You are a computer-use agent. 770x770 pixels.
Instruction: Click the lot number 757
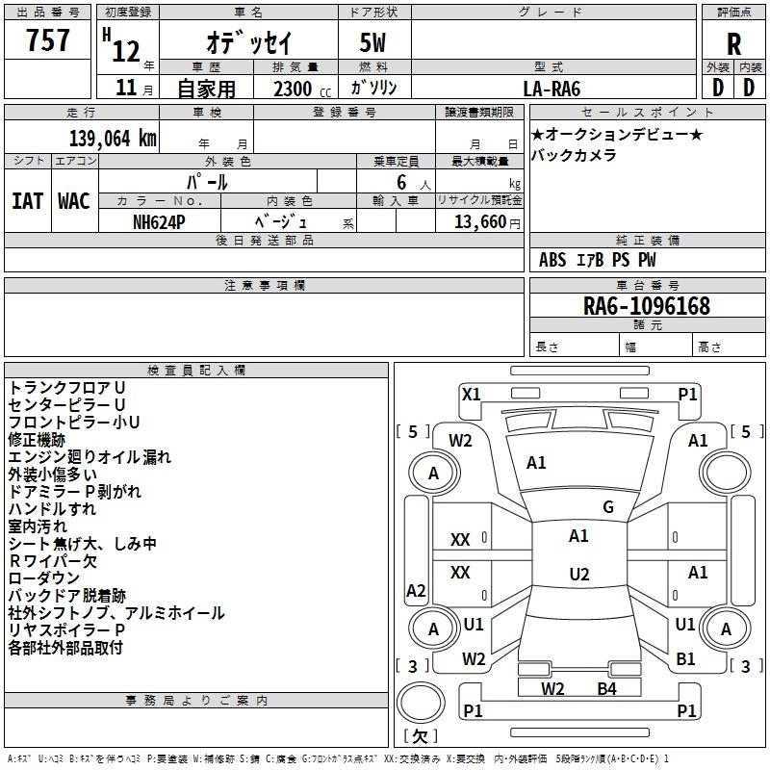coord(47,39)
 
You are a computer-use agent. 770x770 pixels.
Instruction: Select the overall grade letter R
coord(733,44)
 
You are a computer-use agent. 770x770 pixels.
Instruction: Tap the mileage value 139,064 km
coord(113,139)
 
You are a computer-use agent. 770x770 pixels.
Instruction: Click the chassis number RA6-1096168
coord(647,306)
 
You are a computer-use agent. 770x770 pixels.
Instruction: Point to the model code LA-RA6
coord(552,89)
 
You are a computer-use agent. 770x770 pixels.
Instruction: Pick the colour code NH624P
coord(159,222)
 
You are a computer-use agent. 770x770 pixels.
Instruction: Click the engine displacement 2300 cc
coord(302,90)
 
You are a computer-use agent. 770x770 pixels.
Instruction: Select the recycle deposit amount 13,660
coord(480,222)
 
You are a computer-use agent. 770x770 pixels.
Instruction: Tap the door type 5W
coord(372,42)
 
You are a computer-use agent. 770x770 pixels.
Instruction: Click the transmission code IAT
coord(28,201)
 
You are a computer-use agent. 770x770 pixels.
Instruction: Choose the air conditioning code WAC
coord(74,201)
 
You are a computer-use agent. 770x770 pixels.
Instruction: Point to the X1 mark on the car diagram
coord(471,395)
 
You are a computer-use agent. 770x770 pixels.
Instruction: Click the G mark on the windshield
coord(608,507)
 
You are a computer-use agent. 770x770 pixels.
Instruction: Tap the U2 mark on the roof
coord(579,574)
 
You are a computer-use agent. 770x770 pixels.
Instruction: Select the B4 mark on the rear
coord(606,689)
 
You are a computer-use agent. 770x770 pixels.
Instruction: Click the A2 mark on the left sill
coord(416,590)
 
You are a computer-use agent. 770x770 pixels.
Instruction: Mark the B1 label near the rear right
coord(685,659)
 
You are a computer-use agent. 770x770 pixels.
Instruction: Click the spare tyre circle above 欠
coord(421,703)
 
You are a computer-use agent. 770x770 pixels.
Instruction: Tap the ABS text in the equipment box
coord(552,260)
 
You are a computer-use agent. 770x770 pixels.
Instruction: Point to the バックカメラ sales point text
coord(574,155)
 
